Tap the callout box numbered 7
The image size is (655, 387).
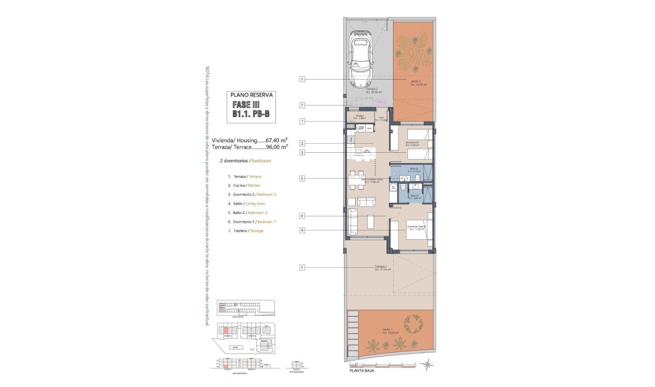pyautogui.click(x=302, y=121)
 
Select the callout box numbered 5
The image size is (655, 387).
pyautogui.click(x=302, y=178)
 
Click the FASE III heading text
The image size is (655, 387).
pyautogui.click(x=251, y=105)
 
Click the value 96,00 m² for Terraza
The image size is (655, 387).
pyautogui.click(x=277, y=147)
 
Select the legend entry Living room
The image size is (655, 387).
pyautogui.click(x=256, y=203)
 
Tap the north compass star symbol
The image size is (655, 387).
pyautogui.click(x=427, y=365)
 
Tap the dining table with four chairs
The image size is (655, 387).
pyautogui.click(x=357, y=180)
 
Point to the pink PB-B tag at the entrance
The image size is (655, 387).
pyautogui.click(x=382, y=101)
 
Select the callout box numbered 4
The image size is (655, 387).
pyautogui.click(x=302, y=216)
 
